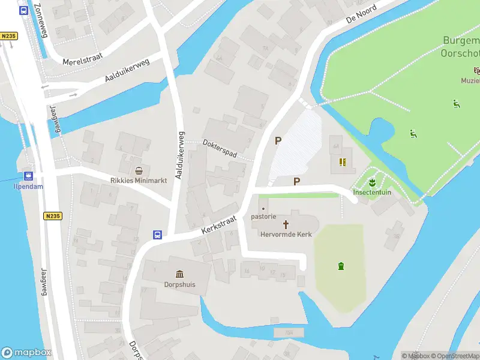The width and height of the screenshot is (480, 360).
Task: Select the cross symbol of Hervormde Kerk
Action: [x=286, y=224]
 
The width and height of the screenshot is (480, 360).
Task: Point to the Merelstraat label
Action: [x=83, y=58]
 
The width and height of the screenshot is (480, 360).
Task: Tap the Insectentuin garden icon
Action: [x=372, y=182]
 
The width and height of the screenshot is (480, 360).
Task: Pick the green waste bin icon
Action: [x=341, y=266]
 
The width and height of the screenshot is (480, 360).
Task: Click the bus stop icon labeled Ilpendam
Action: [x=28, y=176]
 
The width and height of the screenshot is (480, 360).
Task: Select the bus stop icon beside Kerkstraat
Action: [x=157, y=235]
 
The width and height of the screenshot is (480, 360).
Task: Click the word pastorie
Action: [x=263, y=217]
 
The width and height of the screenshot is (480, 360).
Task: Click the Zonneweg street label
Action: [x=40, y=19]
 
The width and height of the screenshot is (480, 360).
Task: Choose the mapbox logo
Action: [x=26, y=352]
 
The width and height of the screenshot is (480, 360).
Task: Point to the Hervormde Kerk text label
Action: [x=286, y=235]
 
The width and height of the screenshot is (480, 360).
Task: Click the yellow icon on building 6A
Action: [x=343, y=161]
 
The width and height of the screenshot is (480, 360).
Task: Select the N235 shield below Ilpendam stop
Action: [x=53, y=215]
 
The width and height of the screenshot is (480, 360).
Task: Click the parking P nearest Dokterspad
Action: [x=277, y=141]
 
